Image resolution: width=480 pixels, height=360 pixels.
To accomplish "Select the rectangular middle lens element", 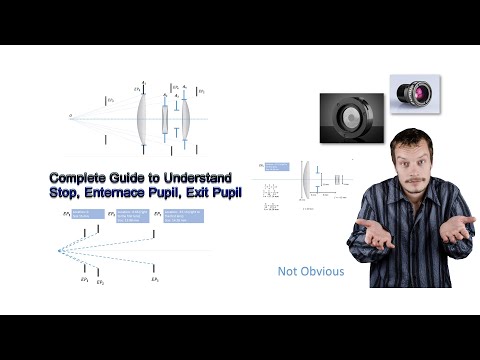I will click(166, 116).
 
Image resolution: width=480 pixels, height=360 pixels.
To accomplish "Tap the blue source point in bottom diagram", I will click(59, 249).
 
